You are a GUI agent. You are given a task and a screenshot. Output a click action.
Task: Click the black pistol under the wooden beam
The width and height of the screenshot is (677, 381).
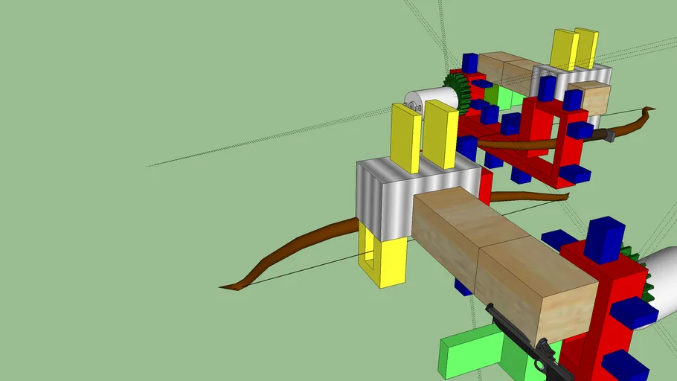[x=521, y=339]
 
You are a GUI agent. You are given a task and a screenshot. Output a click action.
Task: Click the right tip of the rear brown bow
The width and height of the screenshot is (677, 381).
[x=650, y=110]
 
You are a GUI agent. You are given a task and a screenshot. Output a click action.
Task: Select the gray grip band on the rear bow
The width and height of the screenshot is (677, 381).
[x=609, y=135]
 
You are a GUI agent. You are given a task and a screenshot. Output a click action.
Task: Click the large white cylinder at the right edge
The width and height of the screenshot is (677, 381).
[x=661, y=283]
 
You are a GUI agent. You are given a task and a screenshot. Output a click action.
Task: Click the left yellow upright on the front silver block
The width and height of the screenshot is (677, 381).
[x=406, y=138]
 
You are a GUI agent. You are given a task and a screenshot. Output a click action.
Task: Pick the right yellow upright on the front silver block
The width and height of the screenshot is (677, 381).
[x=440, y=134]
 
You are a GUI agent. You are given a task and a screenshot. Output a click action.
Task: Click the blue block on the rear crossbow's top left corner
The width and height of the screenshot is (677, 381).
[x=469, y=63]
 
